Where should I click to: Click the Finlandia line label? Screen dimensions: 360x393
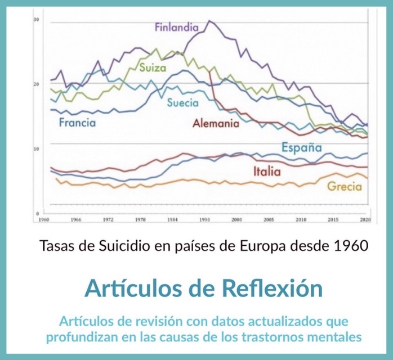click(x=177, y=27)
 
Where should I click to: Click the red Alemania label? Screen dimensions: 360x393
click(x=216, y=123)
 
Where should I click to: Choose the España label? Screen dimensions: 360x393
click(x=301, y=148)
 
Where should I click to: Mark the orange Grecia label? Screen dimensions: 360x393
click(x=344, y=187)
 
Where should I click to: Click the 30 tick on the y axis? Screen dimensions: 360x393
click(x=36, y=20)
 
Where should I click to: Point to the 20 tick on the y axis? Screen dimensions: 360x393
click(x=36, y=84)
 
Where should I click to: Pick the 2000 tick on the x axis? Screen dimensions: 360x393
click(x=236, y=220)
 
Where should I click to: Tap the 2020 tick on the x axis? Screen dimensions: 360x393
click(x=365, y=220)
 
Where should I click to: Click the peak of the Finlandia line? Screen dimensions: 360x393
click(x=209, y=21)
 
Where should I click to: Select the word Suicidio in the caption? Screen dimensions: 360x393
click(x=127, y=246)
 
